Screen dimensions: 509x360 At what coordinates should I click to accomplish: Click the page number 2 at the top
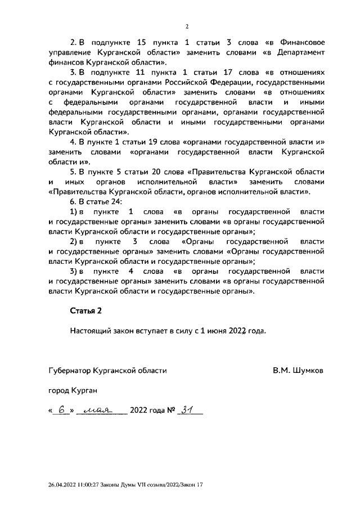(186, 26)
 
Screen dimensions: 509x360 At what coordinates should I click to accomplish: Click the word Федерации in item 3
(222, 83)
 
